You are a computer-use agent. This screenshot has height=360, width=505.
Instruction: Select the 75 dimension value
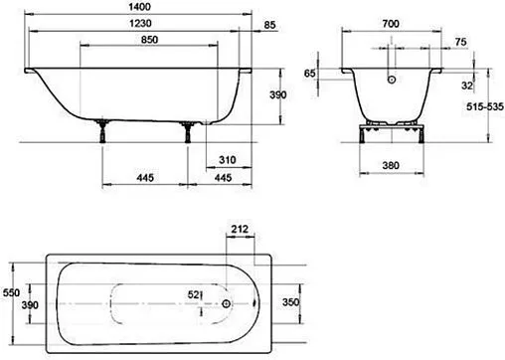tap(460, 41)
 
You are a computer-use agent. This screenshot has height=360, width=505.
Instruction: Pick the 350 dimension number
tap(288, 301)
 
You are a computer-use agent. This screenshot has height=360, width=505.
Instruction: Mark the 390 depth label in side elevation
tap(279, 94)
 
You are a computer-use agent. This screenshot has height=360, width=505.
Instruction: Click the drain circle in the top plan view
tap(228, 306)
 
